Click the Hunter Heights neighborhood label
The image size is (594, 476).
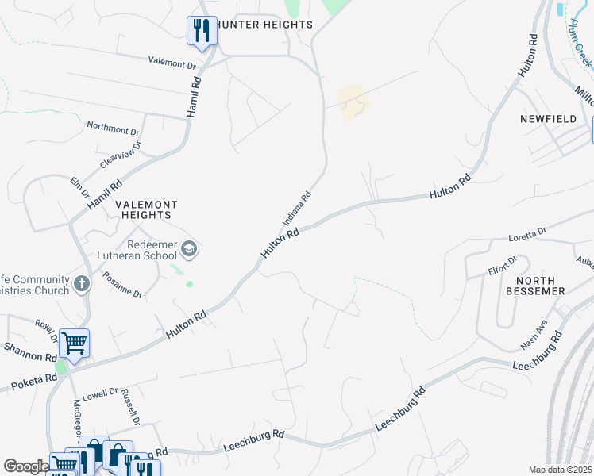coord(268,25)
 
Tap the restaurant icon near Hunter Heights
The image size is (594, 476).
coord(202,31)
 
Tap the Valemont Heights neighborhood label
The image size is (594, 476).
coord(145,209)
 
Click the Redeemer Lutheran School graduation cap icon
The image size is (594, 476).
coord(189,251)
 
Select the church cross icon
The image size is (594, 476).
coord(81,283)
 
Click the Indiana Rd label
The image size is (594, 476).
coord(295,209)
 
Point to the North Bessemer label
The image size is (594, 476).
coord(540,286)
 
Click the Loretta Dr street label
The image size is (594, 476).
coord(527,232)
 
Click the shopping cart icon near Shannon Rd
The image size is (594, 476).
coord(74,344)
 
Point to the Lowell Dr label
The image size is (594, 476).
coord(102,393)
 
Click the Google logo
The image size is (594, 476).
coord(26,466)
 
